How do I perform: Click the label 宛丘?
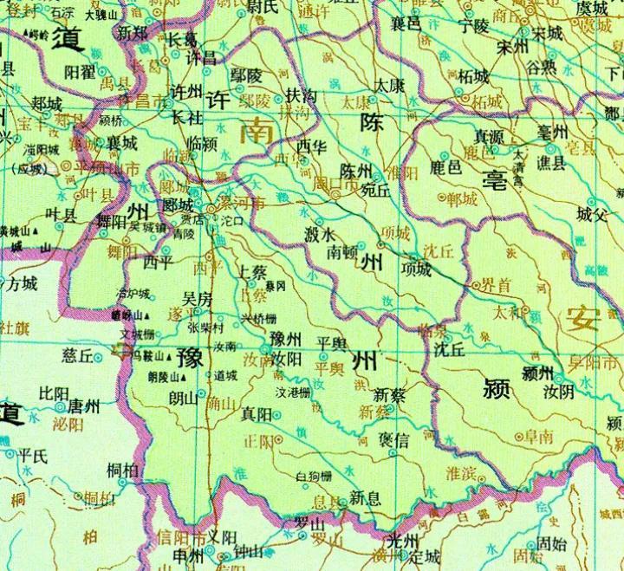pos(374,189)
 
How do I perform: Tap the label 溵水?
pos(321,234)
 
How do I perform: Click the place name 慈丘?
pos(78,355)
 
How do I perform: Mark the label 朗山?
pos(183,398)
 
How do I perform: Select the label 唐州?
pos(85,406)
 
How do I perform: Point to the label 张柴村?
pos(206,328)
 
